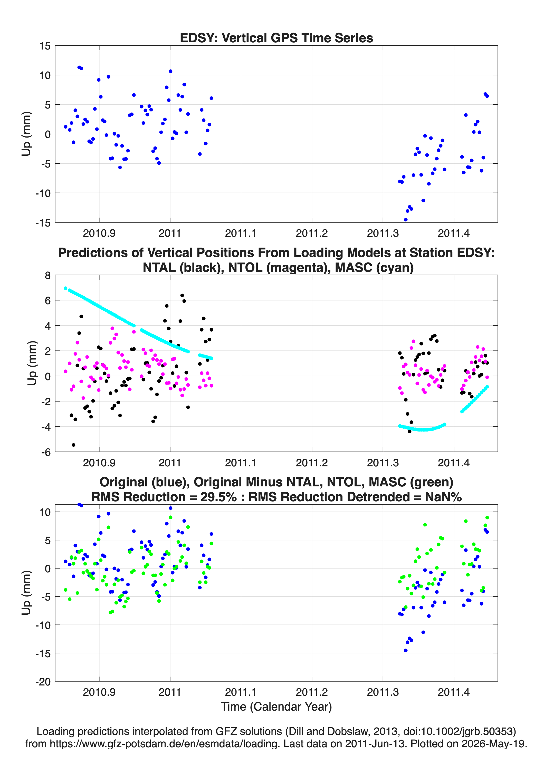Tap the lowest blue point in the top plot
[405, 220]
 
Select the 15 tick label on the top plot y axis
[45, 46]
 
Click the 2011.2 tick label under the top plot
[312, 233]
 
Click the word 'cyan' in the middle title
[397, 268]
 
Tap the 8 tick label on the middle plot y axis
[47, 276]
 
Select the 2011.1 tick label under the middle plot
[241, 463]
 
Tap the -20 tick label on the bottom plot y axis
[43, 682]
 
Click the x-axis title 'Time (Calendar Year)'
[276, 707]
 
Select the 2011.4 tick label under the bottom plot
[453, 692]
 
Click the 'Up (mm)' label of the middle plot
[32, 363]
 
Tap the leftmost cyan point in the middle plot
[65, 288]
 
